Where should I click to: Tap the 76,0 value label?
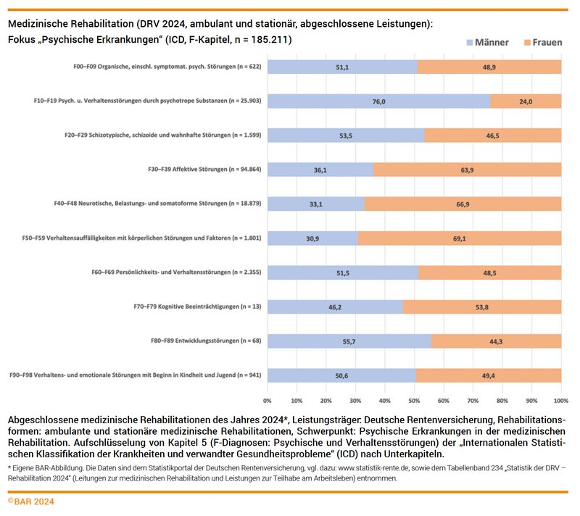click(378, 101)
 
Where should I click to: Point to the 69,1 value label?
click(460, 238)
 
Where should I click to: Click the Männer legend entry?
click(486, 43)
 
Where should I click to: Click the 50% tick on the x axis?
click(414, 400)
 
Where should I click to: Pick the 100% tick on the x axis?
click(560, 400)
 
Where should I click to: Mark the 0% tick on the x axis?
click(268, 400)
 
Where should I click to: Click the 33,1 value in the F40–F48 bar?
click(316, 204)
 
